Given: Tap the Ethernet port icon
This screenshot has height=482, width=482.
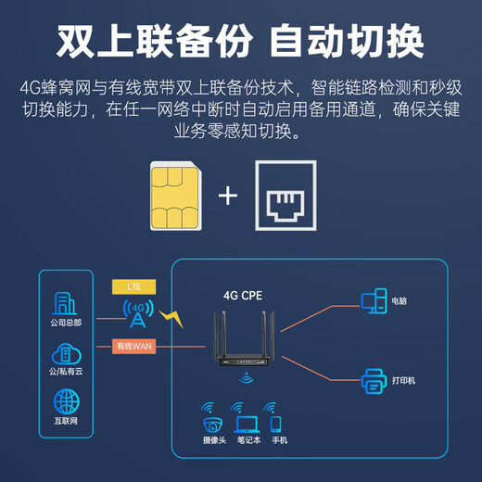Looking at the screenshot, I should (x=285, y=197).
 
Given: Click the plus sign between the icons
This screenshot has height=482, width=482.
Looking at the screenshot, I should (x=229, y=196).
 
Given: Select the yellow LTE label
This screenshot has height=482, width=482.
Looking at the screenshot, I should (x=133, y=286).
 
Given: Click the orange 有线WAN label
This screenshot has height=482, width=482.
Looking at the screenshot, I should (x=133, y=347).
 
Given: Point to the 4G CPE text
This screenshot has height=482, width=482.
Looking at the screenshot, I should (x=244, y=297).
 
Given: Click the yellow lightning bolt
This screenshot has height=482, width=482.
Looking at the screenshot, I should (x=172, y=318).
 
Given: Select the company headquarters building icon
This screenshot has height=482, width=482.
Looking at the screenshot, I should (x=66, y=303).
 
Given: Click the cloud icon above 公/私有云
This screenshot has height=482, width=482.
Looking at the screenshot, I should (x=66, y=353).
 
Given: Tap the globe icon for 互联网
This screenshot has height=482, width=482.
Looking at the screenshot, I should (x=66, y=401).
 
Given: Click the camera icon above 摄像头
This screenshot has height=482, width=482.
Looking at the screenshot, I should (x=213, y=423).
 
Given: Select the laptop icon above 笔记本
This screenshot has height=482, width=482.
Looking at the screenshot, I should (x=247, y=423).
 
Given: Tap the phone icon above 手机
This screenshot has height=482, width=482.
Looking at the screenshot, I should (x=275, y=423).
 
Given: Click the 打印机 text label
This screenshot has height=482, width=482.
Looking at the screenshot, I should (x=404, y=381).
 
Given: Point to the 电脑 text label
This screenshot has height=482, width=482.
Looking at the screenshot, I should (x=400, y=301).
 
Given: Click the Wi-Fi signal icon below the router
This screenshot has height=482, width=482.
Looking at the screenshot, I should (x=246, y=378).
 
